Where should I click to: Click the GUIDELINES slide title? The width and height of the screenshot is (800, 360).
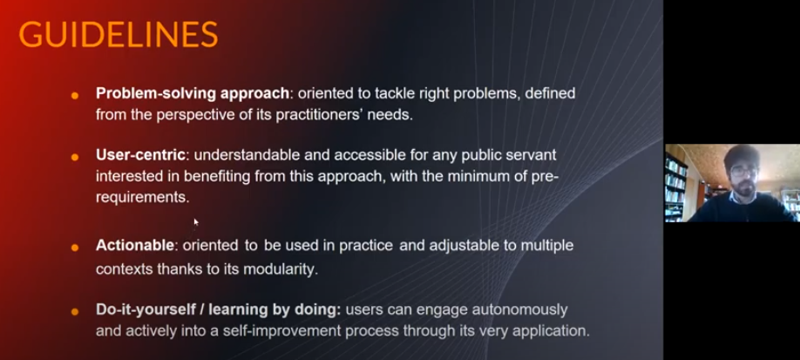pos(119,35)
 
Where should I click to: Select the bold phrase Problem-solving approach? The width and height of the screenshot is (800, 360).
pos(193,93)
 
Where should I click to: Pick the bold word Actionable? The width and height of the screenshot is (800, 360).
pos(135,245)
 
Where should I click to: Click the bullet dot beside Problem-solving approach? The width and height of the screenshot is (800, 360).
pos(75,96)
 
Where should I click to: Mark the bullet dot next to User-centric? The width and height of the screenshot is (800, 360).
pos(75,157)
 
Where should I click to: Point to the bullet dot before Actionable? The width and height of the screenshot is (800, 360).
pos(75,248)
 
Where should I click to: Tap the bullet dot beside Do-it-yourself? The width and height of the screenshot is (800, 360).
pos(75,311)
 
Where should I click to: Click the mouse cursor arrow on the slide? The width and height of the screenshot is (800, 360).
pos(196,221)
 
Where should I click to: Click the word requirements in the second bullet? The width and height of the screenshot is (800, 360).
pos(142,198)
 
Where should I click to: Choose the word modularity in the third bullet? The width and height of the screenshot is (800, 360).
pos(281,269)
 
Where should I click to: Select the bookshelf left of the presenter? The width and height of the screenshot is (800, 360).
pos(676,187)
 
